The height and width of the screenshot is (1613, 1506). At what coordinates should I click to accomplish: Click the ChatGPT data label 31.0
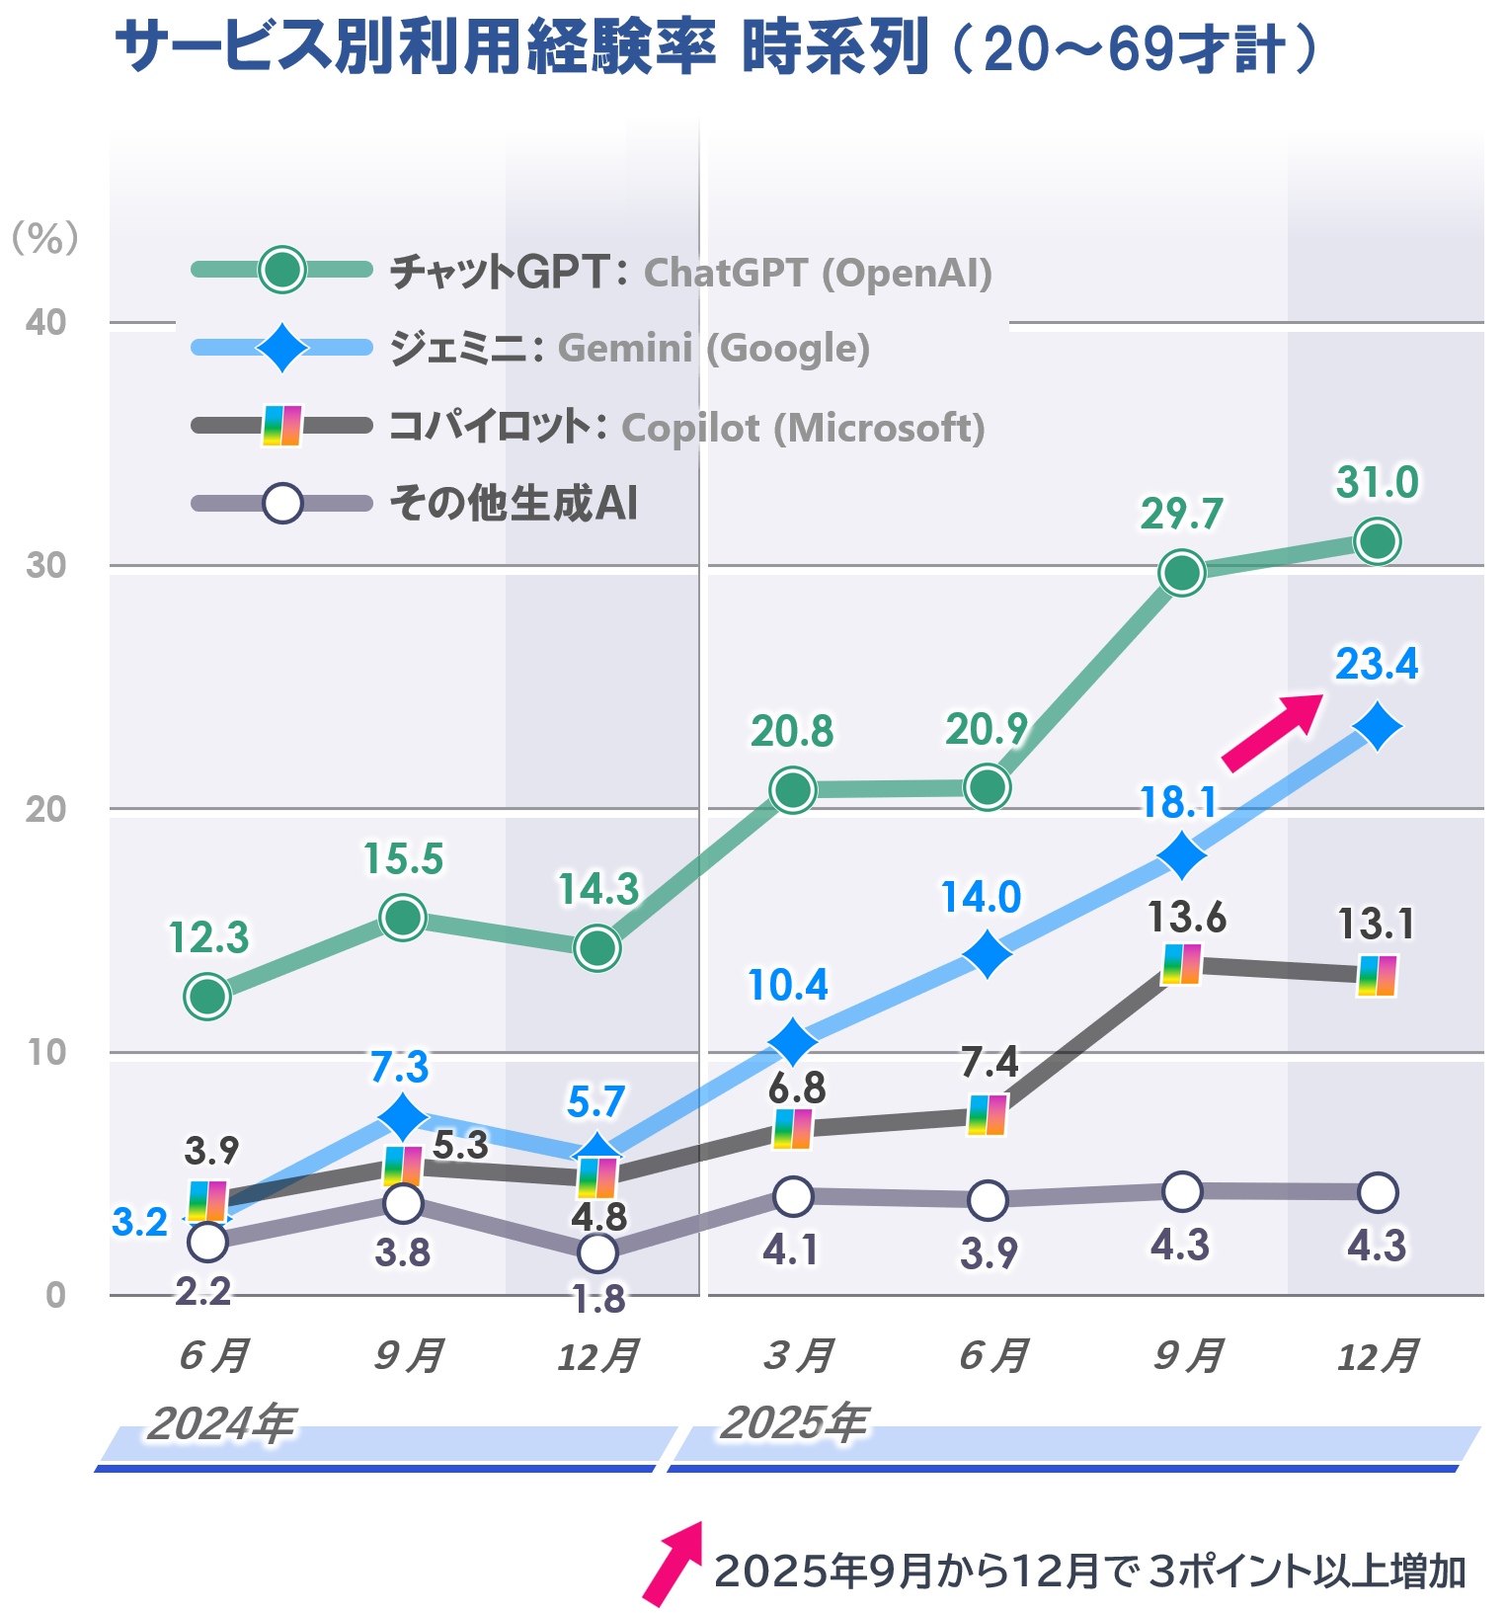point(1377,483)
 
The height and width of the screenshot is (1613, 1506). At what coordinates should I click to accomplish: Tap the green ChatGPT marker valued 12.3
point(207,996)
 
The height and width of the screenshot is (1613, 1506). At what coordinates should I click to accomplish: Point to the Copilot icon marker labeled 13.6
point(1182,964)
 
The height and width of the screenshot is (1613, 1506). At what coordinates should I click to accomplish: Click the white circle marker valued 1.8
point(597,1252)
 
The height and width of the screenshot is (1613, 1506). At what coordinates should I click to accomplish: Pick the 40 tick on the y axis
point(46,322)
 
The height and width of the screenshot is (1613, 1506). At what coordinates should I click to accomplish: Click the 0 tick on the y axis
point(56,1295)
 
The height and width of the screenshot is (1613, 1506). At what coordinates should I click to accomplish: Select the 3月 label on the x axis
point(798,1355)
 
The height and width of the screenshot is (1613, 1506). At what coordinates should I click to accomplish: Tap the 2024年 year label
point(221,1423)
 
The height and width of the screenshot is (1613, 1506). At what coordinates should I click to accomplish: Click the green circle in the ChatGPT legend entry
point(282,270)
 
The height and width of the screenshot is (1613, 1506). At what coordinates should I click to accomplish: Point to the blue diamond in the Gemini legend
point(282,348)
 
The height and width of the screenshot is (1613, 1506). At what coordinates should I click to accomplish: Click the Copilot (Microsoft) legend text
point(803,428)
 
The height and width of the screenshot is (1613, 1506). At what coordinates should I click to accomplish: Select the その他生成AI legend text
point(514,504)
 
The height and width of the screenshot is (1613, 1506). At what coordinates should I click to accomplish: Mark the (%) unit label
point(44,238)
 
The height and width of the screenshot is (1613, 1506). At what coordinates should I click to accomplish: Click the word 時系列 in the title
point(835,47)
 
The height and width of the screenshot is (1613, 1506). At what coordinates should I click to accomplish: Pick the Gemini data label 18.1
point(1177,803)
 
